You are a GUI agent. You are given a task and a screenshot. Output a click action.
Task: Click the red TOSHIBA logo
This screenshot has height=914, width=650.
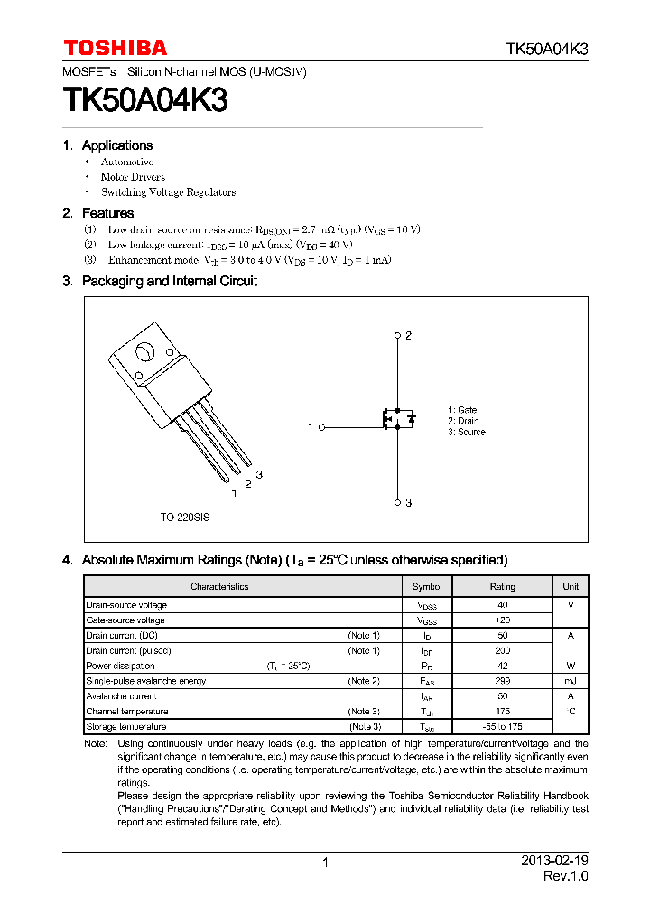(115, 49)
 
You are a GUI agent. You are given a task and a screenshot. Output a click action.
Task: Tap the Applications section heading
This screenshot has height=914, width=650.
(116, 145)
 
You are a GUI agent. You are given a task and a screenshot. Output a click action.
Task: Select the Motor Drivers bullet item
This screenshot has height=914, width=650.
(132, 177)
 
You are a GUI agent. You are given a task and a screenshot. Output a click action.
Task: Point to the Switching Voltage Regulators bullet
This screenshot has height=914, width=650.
(168, 192)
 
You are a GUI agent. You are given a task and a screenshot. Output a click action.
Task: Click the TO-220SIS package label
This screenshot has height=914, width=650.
(185, 518)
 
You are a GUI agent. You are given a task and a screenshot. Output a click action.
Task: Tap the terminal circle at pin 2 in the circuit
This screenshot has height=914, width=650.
(397, 336)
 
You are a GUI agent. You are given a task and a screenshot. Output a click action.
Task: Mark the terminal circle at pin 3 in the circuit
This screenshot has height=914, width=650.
(397, 502)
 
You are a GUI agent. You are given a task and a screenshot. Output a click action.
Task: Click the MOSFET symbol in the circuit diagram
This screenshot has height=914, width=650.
(395, 419)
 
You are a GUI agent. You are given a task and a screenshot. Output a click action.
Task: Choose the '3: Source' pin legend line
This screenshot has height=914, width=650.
(466, 433)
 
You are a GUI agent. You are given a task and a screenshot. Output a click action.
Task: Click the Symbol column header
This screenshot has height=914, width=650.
(427, 587)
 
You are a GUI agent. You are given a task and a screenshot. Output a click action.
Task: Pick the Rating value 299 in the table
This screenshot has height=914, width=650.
(503, 681)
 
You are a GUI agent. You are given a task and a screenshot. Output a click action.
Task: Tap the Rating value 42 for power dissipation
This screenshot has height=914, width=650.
(503, 666)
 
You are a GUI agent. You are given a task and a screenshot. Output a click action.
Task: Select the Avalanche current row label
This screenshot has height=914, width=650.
(121, 696)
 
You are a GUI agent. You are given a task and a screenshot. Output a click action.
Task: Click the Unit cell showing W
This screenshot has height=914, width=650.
(571, 666)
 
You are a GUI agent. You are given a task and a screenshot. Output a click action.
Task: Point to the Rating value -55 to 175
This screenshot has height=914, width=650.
(503, 727)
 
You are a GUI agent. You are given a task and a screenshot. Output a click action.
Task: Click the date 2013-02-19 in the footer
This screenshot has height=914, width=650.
(554, 861)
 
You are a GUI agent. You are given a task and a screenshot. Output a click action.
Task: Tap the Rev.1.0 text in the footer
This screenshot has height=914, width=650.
(565, 877)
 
